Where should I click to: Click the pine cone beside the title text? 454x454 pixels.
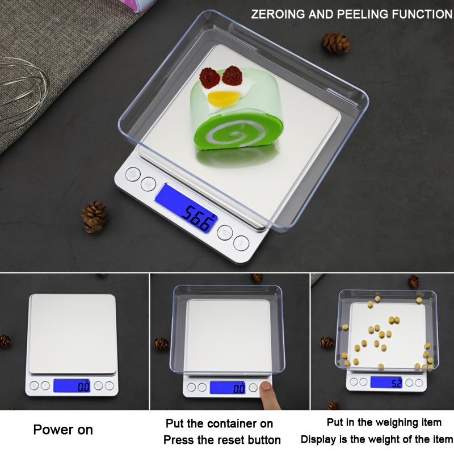(x=335, y=43)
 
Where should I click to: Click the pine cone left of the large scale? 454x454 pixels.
(x=94, y=216)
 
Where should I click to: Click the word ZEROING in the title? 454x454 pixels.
(x=277, y=14)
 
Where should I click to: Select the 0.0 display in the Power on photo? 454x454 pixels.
(x=72, y=386)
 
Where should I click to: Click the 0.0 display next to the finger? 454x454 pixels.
(x=228, y=388)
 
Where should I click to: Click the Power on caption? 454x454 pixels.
(x=62, y=430)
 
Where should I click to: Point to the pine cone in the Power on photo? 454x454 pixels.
(x=5, y=341)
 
